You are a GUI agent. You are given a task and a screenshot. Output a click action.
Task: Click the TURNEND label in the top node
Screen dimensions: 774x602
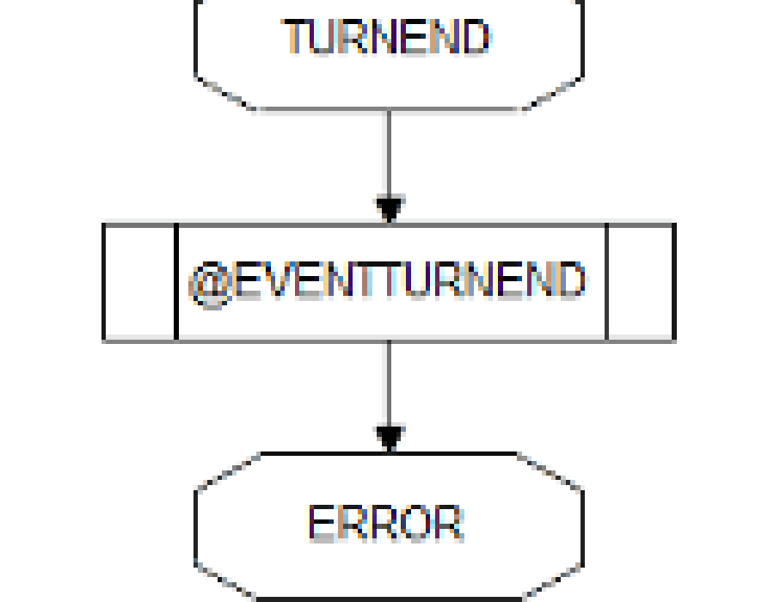386,36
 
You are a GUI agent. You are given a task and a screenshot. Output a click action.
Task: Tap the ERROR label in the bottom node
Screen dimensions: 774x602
386,523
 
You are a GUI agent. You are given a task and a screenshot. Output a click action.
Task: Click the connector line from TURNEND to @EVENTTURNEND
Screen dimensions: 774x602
390,153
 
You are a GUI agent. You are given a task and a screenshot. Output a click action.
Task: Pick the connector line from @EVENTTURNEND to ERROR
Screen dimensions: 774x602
390,383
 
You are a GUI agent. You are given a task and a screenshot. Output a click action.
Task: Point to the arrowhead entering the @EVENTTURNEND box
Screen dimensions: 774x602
390,209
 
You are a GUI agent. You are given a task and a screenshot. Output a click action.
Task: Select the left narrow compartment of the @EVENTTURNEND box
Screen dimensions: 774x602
140,282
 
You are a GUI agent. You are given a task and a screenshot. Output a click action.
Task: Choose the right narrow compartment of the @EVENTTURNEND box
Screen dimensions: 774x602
640,282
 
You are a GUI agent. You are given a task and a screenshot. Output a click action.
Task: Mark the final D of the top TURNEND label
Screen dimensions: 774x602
476,36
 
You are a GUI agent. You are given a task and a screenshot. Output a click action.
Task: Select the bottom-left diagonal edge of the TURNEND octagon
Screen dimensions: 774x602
225,93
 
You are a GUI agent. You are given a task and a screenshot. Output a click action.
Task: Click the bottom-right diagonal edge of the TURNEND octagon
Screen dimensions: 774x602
553,93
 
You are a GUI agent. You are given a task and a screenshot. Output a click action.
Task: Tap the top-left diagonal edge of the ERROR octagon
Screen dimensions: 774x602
228,470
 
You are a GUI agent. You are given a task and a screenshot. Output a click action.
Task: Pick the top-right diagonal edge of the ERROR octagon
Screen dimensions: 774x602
550,470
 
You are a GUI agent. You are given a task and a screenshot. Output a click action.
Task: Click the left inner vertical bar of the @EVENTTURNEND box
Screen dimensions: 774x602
176,282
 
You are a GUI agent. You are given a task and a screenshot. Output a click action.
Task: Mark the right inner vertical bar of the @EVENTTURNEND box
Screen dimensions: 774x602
606,282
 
